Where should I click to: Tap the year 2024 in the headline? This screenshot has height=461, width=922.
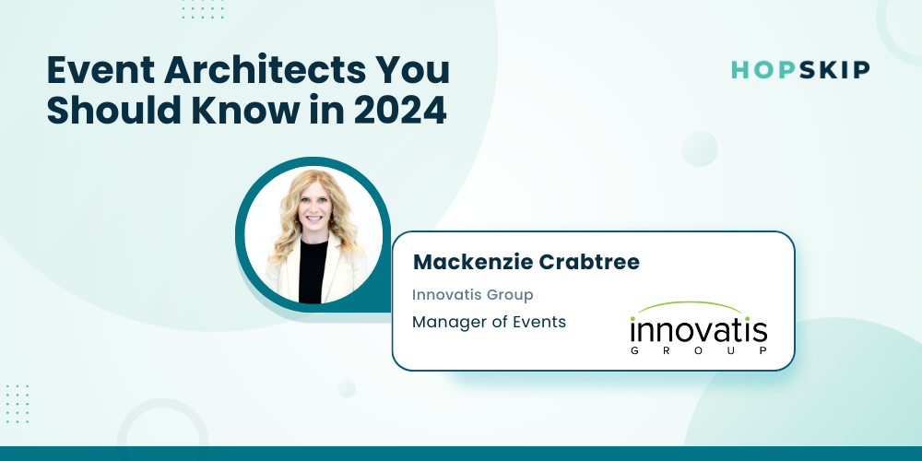[400, 110]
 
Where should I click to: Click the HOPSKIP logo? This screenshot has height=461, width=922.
[800, 70]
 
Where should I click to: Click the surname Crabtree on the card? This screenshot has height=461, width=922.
[588, 262]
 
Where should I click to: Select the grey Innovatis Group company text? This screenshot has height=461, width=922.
[472, 295]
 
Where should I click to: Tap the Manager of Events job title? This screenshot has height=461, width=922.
[489, 322]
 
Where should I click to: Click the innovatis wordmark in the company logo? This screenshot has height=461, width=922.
[699, 332]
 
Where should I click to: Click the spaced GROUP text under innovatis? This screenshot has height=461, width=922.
[699, 351]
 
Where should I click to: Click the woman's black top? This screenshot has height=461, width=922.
[312, 271]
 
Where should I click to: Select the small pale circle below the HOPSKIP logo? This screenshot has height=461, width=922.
[699, 148]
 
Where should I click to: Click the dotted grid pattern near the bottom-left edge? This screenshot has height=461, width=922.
[17, 404]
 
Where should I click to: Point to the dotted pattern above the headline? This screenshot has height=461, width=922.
[203, 9]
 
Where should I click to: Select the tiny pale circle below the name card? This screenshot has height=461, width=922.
[347, 389]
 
